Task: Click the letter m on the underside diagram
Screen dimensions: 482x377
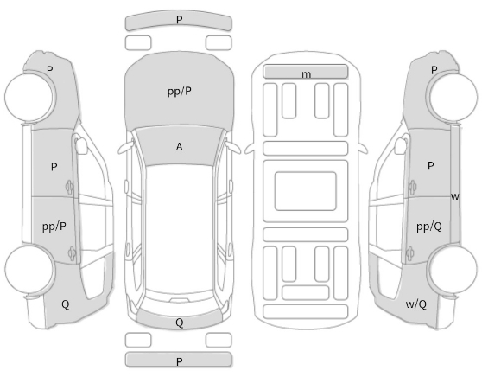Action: (306, 74)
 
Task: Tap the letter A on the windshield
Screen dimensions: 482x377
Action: (179, 147)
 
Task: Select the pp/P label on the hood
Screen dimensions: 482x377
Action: (180, 92)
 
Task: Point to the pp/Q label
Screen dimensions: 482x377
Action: (429, 227)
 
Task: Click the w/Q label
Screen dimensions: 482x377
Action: (415, 304)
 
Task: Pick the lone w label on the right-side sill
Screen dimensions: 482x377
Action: (455, 196)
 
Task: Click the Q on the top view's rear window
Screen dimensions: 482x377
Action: (179, 323)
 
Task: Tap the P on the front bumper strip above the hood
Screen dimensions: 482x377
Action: (179, 20)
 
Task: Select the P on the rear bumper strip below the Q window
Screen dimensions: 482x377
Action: (179, 361)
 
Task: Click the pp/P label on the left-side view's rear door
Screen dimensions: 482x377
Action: (54, 227)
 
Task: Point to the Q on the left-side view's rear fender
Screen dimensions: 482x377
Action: (65, 304)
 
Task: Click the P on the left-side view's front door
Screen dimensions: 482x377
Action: (54, 167)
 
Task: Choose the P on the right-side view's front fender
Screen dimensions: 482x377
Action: (434, 70)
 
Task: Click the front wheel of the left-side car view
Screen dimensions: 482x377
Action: (30, 98)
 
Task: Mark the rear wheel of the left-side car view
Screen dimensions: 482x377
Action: (30, 270)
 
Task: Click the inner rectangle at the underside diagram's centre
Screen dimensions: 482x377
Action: (305, 191)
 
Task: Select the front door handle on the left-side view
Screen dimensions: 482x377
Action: (69, 187)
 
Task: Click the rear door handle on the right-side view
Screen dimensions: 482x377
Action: (410, 253)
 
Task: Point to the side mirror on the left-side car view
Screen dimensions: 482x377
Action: (81, 145)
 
